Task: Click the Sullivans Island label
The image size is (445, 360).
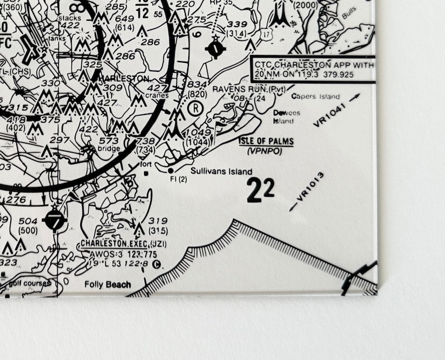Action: coord(221,172)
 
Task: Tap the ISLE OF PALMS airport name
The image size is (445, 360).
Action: coord(266,141)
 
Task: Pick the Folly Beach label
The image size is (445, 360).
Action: coord(108,284)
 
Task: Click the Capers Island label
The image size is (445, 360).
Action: coord(315,96)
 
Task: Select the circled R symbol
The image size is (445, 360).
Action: coord(194,108)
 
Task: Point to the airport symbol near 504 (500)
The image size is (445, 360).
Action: coord(55,220)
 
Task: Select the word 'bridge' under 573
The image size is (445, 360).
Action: coord(109,149)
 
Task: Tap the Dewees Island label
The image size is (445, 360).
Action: coord(286,117)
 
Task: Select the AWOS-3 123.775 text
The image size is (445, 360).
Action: coord(115,254)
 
